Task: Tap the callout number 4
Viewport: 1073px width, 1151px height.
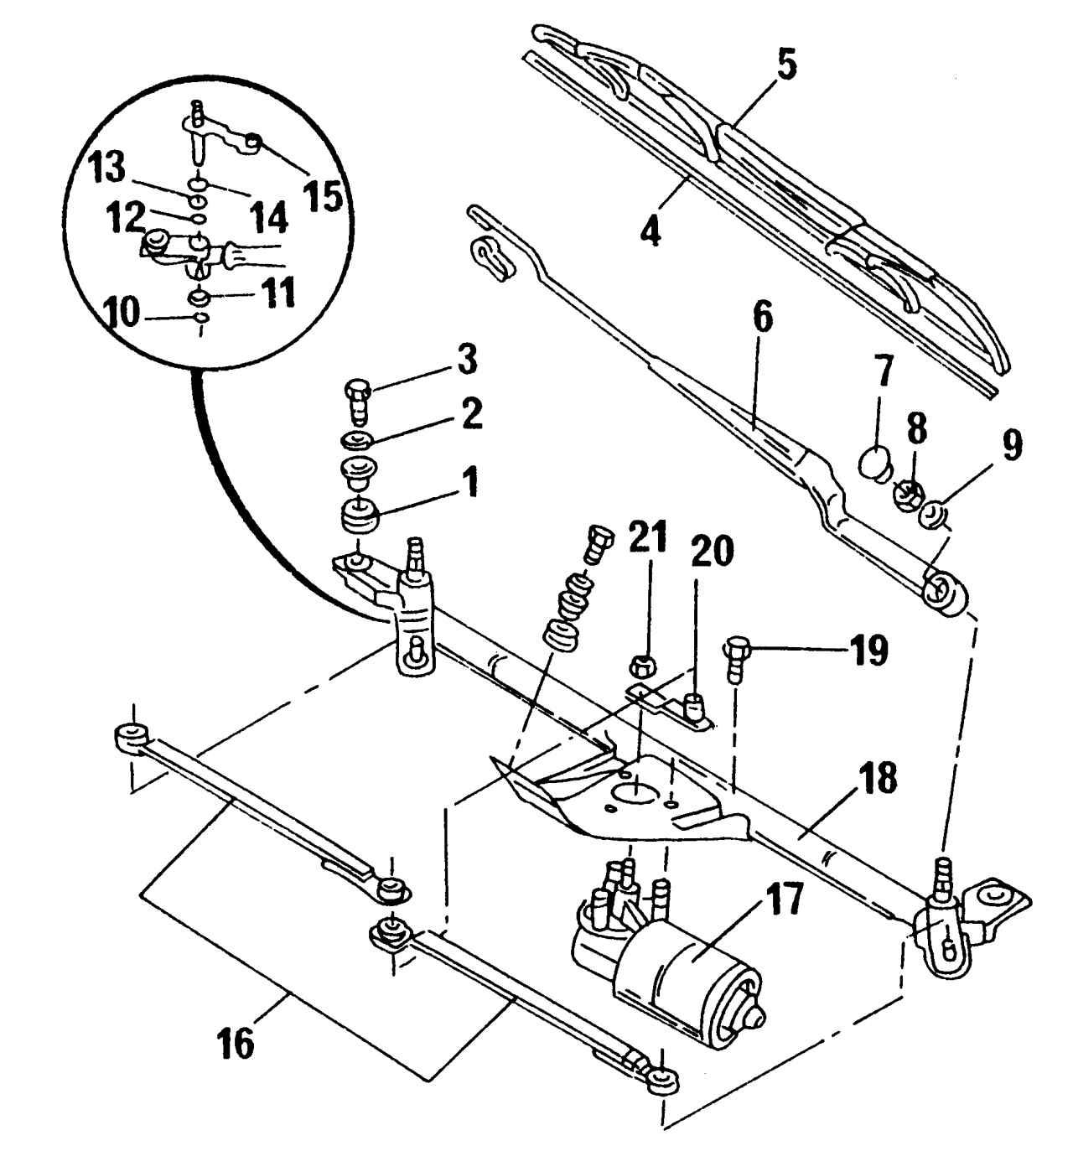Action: coord(650,229)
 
